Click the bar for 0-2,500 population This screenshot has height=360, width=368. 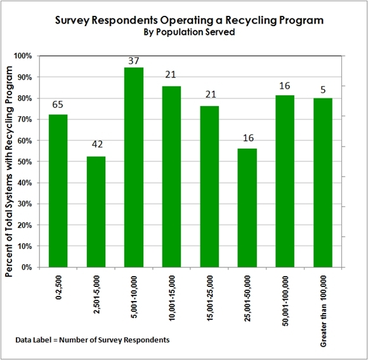point(58,190)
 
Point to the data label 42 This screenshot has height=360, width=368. point(96,144)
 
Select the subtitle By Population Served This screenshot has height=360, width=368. point(184,32)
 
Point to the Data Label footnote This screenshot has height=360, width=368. point(93,340)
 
